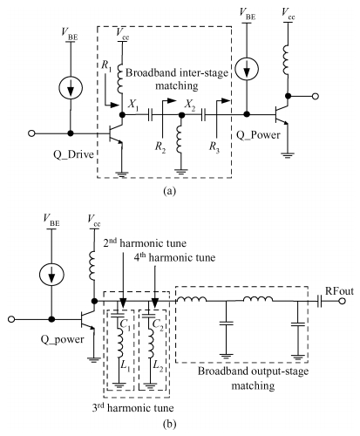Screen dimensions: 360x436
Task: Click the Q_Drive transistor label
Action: [x=73, y=154]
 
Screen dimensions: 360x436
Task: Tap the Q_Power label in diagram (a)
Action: [x=258, y=135]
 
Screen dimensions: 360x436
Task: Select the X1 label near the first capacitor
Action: [x=133, y=105]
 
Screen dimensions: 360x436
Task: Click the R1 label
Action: [x=106, y=65]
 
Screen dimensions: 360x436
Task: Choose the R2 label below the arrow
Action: [x=160, y=146]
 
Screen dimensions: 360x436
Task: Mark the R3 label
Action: [x=214, y=146]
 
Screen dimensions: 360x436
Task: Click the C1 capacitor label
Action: [x=126, y=326]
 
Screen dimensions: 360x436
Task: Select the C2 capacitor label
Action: [x=158, y=326]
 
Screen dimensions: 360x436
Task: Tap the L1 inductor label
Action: [x=126, y=368]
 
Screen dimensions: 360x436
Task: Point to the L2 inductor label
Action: [x=158, y=368]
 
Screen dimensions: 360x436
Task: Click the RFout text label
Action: [x=339, y=291]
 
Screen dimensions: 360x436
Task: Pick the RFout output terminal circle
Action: [x=343, y=301]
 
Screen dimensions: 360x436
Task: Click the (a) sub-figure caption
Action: [x=170, y=191]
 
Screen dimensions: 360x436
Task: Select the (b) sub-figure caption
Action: [x=170, y=425]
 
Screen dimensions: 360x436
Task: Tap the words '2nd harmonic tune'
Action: [x=145, y=242]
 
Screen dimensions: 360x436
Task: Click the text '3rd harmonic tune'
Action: [x=132, y=408]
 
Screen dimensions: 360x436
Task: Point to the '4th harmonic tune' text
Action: [x=174, y=257]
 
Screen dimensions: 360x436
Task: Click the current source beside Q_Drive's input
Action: [x=71, y=87]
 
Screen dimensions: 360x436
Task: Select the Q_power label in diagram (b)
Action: [x=62, y=339]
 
